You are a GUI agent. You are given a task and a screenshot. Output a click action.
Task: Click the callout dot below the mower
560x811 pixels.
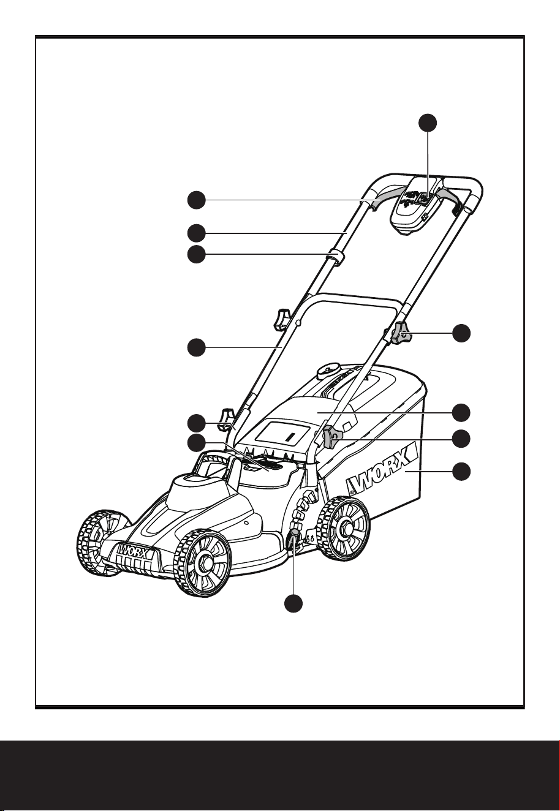click(293, 603)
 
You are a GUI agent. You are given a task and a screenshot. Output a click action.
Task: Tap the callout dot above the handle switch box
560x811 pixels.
click(428, 123)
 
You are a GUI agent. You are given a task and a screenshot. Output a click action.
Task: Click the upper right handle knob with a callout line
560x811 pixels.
click(400, 333)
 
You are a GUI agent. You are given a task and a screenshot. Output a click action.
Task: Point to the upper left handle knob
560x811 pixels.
click(283, 319)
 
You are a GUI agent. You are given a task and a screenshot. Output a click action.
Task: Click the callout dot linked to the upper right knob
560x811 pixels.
click(462, 333)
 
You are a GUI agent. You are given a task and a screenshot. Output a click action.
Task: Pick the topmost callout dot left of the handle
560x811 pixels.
click(197, 200)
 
